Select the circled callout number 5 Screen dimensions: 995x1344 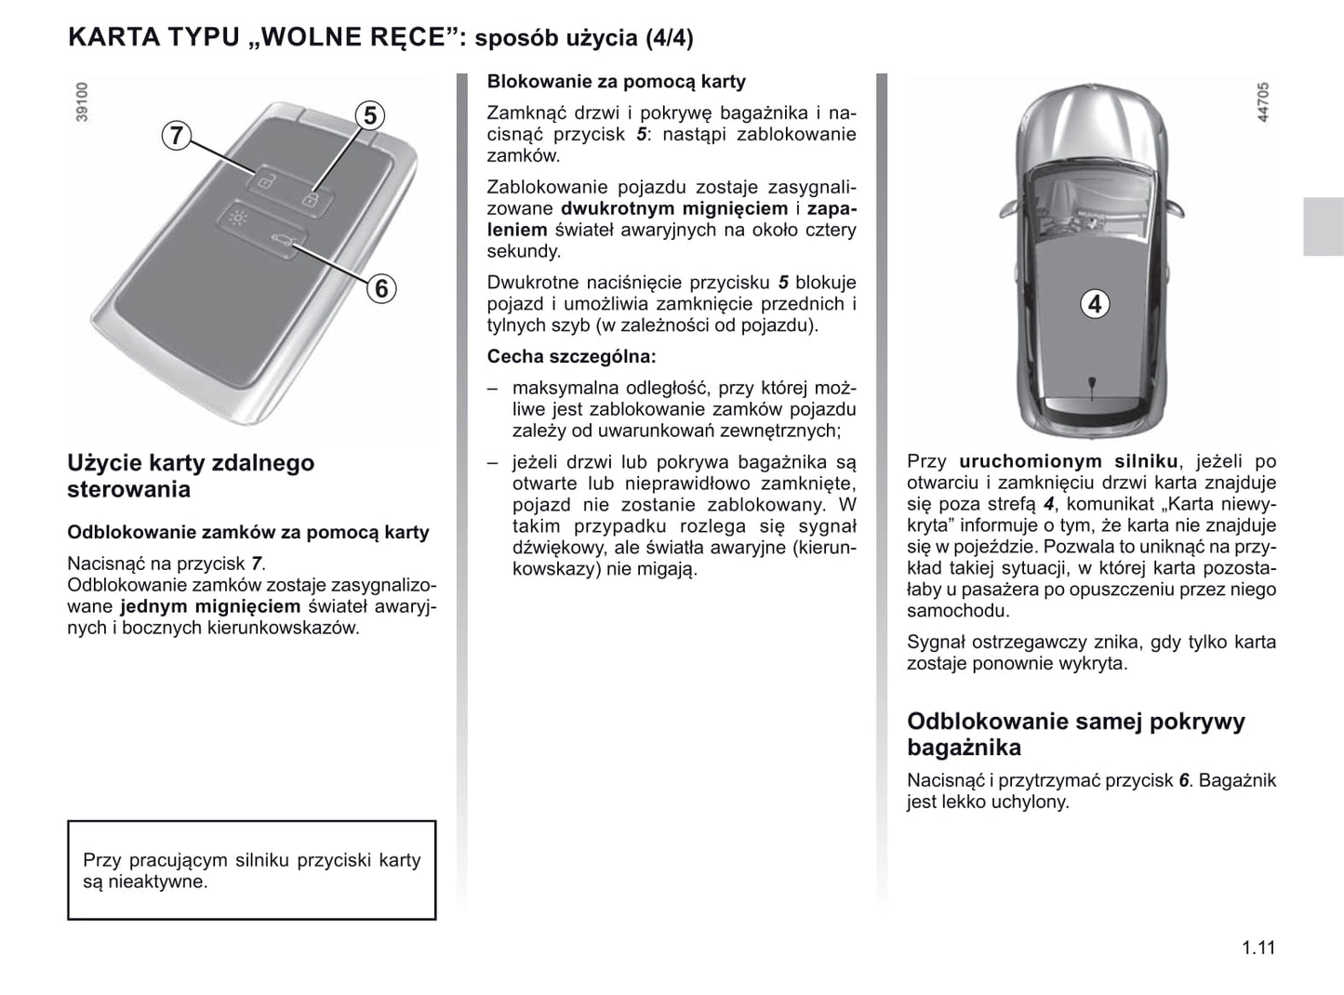[370, 115]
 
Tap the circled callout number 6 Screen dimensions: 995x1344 [380, 288]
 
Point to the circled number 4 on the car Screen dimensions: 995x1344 [1095, 304]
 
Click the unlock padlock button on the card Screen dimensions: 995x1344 [264, 180]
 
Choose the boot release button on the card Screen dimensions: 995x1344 [283, 245]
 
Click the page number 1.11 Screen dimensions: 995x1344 [1258, 948]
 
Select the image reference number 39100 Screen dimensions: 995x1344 [82, 102]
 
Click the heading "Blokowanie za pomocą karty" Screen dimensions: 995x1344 [616, 82]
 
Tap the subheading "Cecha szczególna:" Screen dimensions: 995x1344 [571, 356]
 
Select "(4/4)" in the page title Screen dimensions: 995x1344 [670, 38]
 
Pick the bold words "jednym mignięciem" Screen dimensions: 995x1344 [210, 606]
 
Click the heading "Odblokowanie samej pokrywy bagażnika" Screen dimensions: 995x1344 [1075, 734]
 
